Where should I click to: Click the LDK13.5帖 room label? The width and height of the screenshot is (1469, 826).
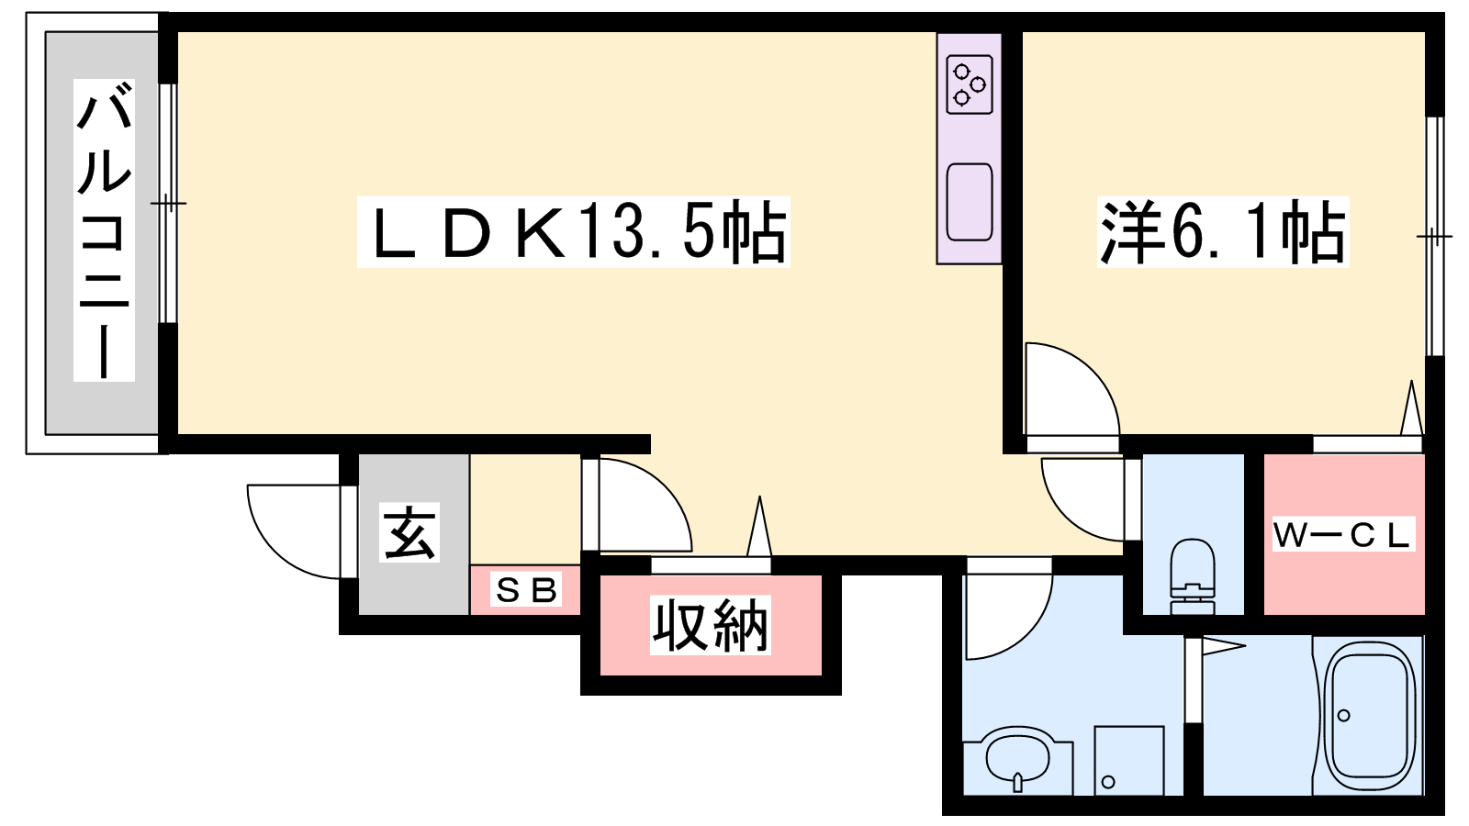573,231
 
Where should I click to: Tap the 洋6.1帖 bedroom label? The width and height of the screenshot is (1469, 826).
1222,231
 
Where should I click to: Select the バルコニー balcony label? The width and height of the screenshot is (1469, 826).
104,230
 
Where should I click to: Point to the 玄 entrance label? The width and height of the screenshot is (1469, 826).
409,532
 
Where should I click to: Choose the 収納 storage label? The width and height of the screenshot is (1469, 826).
711,625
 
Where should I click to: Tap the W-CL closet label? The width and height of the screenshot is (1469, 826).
1344,533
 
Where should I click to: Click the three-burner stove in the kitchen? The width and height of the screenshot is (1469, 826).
970,84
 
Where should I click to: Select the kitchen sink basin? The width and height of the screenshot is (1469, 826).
970,202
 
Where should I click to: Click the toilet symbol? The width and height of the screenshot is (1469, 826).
1193,576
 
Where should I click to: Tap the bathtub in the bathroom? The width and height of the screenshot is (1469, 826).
1368,716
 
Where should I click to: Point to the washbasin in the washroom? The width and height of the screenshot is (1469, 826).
1018,758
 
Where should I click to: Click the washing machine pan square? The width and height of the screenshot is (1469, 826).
1128,761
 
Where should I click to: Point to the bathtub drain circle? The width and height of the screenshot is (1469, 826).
1344,715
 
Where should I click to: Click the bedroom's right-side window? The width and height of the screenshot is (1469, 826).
1435,236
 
